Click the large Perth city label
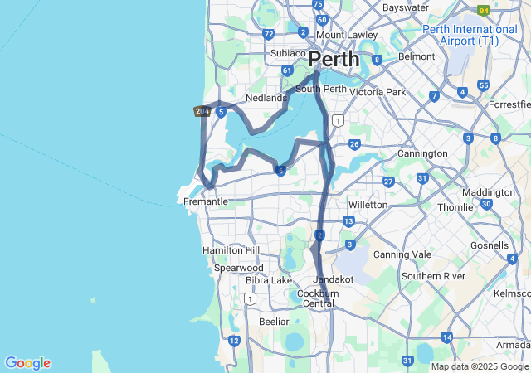tap(334, 60)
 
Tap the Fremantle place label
tap(206, 201)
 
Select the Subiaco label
tap(288, 54)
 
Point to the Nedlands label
tap(265, 98)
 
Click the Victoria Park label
tap(378, 92)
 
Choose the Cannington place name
tap(422, 153)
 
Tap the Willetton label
tap(368, 205)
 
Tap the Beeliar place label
tap(274, 322)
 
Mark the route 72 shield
tap(267, 35)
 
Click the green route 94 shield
tap(483, 10)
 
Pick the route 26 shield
tap(354, 145)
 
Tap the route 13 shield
tap(348, 221)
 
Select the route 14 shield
tap(447, 337)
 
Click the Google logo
tap(27, 363)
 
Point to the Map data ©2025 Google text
tap(480, 366)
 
